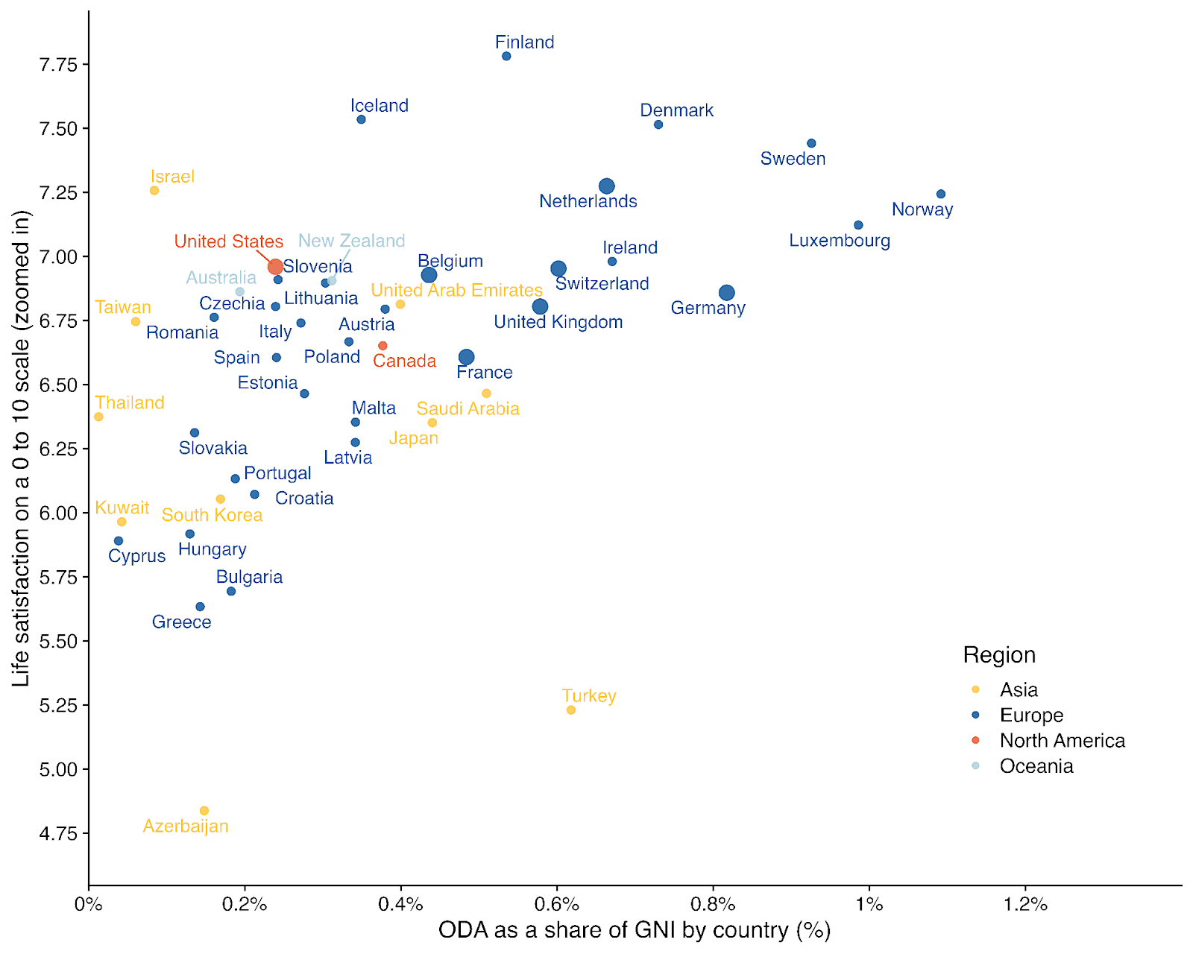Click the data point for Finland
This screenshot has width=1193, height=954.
[x=506, y=57]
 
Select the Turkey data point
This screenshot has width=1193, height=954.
[x=571, y=710]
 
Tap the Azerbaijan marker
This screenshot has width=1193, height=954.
[x=204, y=811]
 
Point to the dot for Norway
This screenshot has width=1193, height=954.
[x=941, y=195]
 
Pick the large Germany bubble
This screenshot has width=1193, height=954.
[x=727, y=293]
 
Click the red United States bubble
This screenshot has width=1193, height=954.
[x=275, y=267]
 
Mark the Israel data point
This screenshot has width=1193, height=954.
[x=154, y=191]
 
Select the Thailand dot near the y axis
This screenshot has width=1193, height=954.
[x=98, y=417]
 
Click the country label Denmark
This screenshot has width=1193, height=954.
[x=676, y=110]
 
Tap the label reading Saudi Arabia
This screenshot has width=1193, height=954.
[x=468, y=408]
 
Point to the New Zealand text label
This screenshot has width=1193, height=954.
[x=351, y=241]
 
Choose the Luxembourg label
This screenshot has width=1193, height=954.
[x=840, y=241]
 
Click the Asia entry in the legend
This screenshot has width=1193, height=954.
[x=1019, y=690]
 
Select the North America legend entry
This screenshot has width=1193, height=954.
[x=1062, y=741]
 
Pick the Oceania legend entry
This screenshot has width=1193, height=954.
[x=1036, y=766]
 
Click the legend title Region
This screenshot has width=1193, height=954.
[x=999, y=655]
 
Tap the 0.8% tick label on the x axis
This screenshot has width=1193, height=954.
[x=713, y=905]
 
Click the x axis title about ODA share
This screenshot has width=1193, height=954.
[x=634, y=930]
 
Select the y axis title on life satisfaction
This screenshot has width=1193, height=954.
[x=21, y=447]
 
